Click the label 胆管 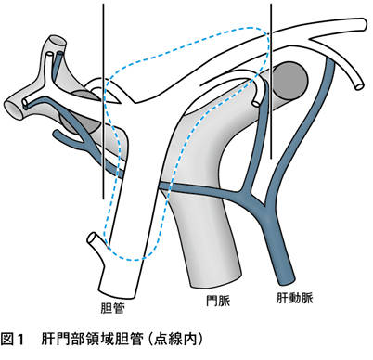pyautogui.click(x=113, y=308)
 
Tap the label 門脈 pyautogui.click(x=219, y=301)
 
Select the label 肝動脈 pyautogui.click(x=295, y=298)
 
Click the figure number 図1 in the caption pyautogui.click(x=12, y=340)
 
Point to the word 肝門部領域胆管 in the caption pyautogui.click(x=92, y=340)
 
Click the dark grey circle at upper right pyautogui.click(x=289, y=80)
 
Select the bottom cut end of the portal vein pyautogui.click(x=215, y=280)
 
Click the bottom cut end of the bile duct pyautogui.click(x=117, y=294)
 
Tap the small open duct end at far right pyautogui.click(x=358, y=85)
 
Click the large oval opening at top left pyautogui.click(x=58, y=40)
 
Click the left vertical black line pyautogui.click(x=103, y=101)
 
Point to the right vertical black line pyautogui.click(x=271, y=82)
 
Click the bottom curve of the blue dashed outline pyautogui.click(x=134, y=259)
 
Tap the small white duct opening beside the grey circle pyautogui.click(x=256, y=103)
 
